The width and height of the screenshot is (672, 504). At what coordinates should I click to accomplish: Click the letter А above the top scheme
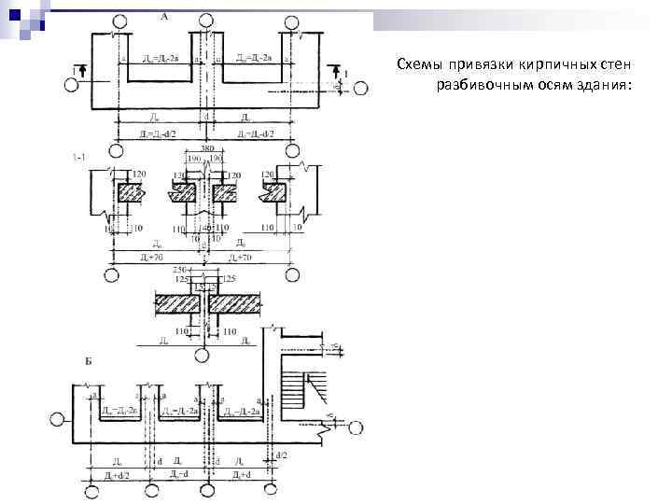click(163, 17)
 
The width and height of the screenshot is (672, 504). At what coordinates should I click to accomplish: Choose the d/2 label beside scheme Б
click(280, 455)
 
